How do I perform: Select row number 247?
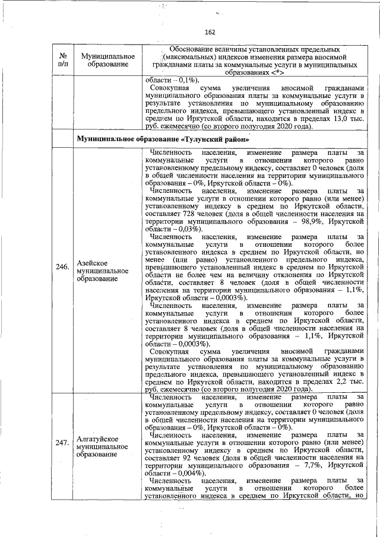pos(62,441)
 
